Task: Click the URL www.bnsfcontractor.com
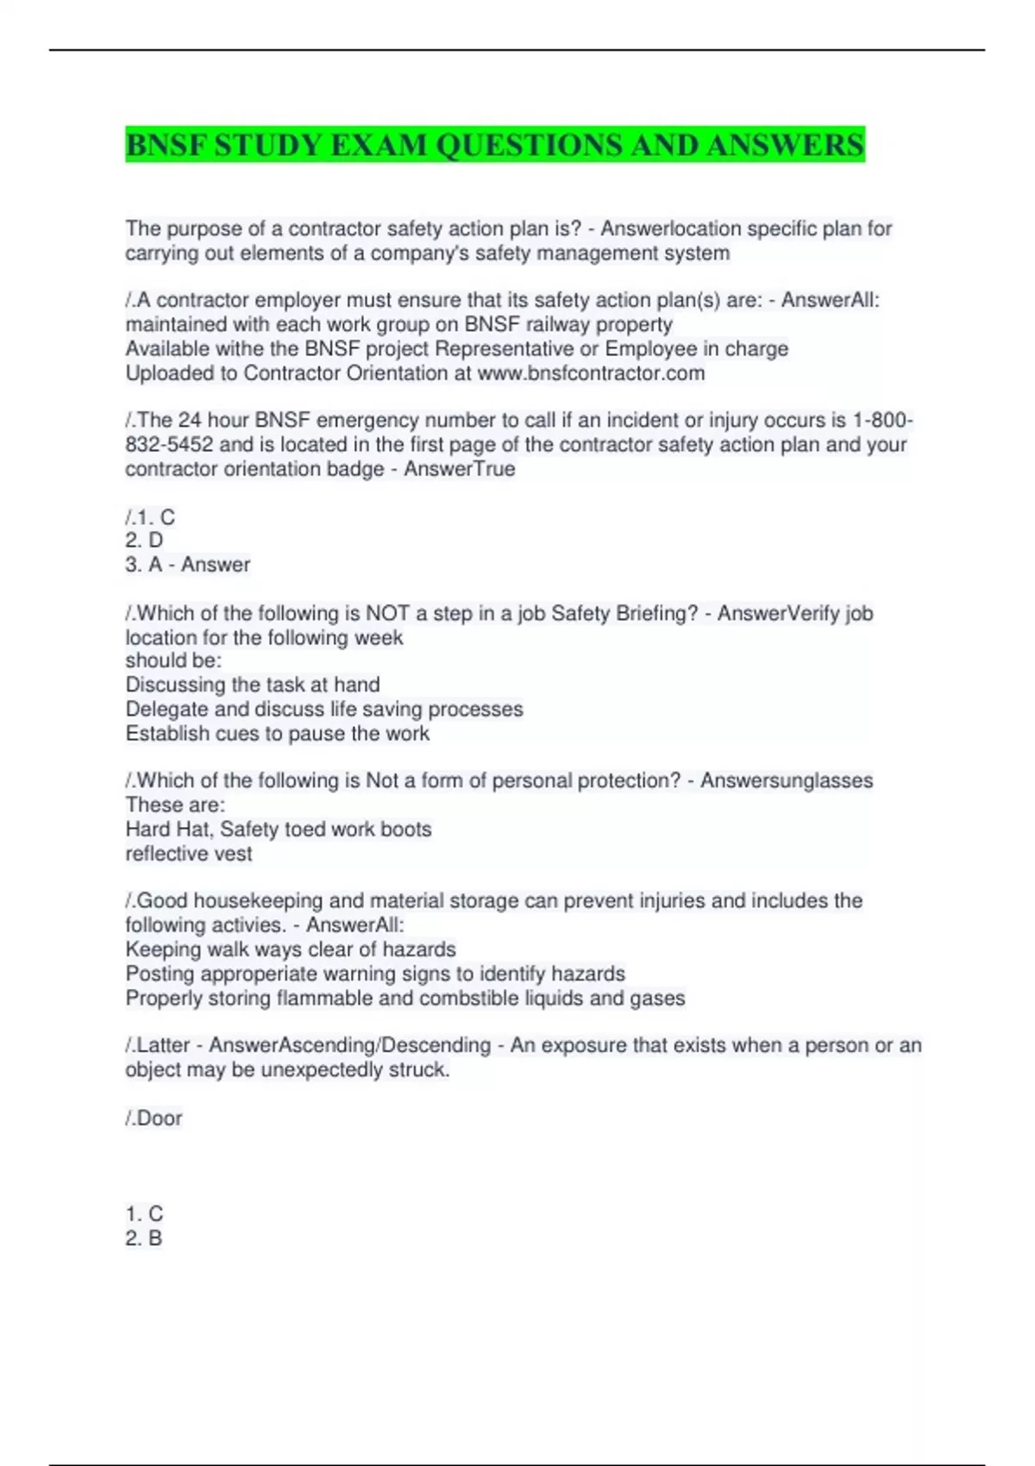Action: [591, 373]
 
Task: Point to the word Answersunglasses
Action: [786, 780]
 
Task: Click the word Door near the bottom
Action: [160, 1118]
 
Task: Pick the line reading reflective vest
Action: [189, 854]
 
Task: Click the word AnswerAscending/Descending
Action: [349, 1045]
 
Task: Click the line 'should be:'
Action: [173, 661]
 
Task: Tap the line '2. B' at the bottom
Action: [144, 1238]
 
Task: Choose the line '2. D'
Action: [144, 541]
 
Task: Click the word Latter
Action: [163, 1045]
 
